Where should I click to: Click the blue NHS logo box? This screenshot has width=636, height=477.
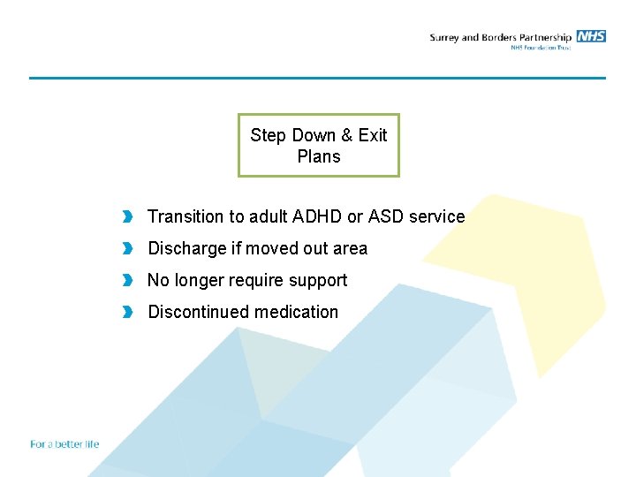591,36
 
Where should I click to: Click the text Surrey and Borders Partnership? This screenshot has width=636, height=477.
500,37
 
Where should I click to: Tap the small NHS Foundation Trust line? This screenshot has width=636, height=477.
541,48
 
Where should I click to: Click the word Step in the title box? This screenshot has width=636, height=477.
269,135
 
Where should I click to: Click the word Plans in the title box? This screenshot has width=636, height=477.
319,156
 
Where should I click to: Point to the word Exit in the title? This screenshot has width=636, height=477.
372,135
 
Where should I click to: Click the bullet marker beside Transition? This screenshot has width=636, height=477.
128,216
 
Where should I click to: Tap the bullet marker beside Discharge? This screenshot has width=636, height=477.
128,248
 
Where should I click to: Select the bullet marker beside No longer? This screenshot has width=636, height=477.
128,280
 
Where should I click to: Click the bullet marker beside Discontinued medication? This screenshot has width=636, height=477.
128,312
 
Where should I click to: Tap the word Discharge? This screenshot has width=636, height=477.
187,248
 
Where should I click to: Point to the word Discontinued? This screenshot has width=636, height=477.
198,312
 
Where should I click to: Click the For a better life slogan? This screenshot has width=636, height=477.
64,444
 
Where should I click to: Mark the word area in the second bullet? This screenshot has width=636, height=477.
350,248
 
